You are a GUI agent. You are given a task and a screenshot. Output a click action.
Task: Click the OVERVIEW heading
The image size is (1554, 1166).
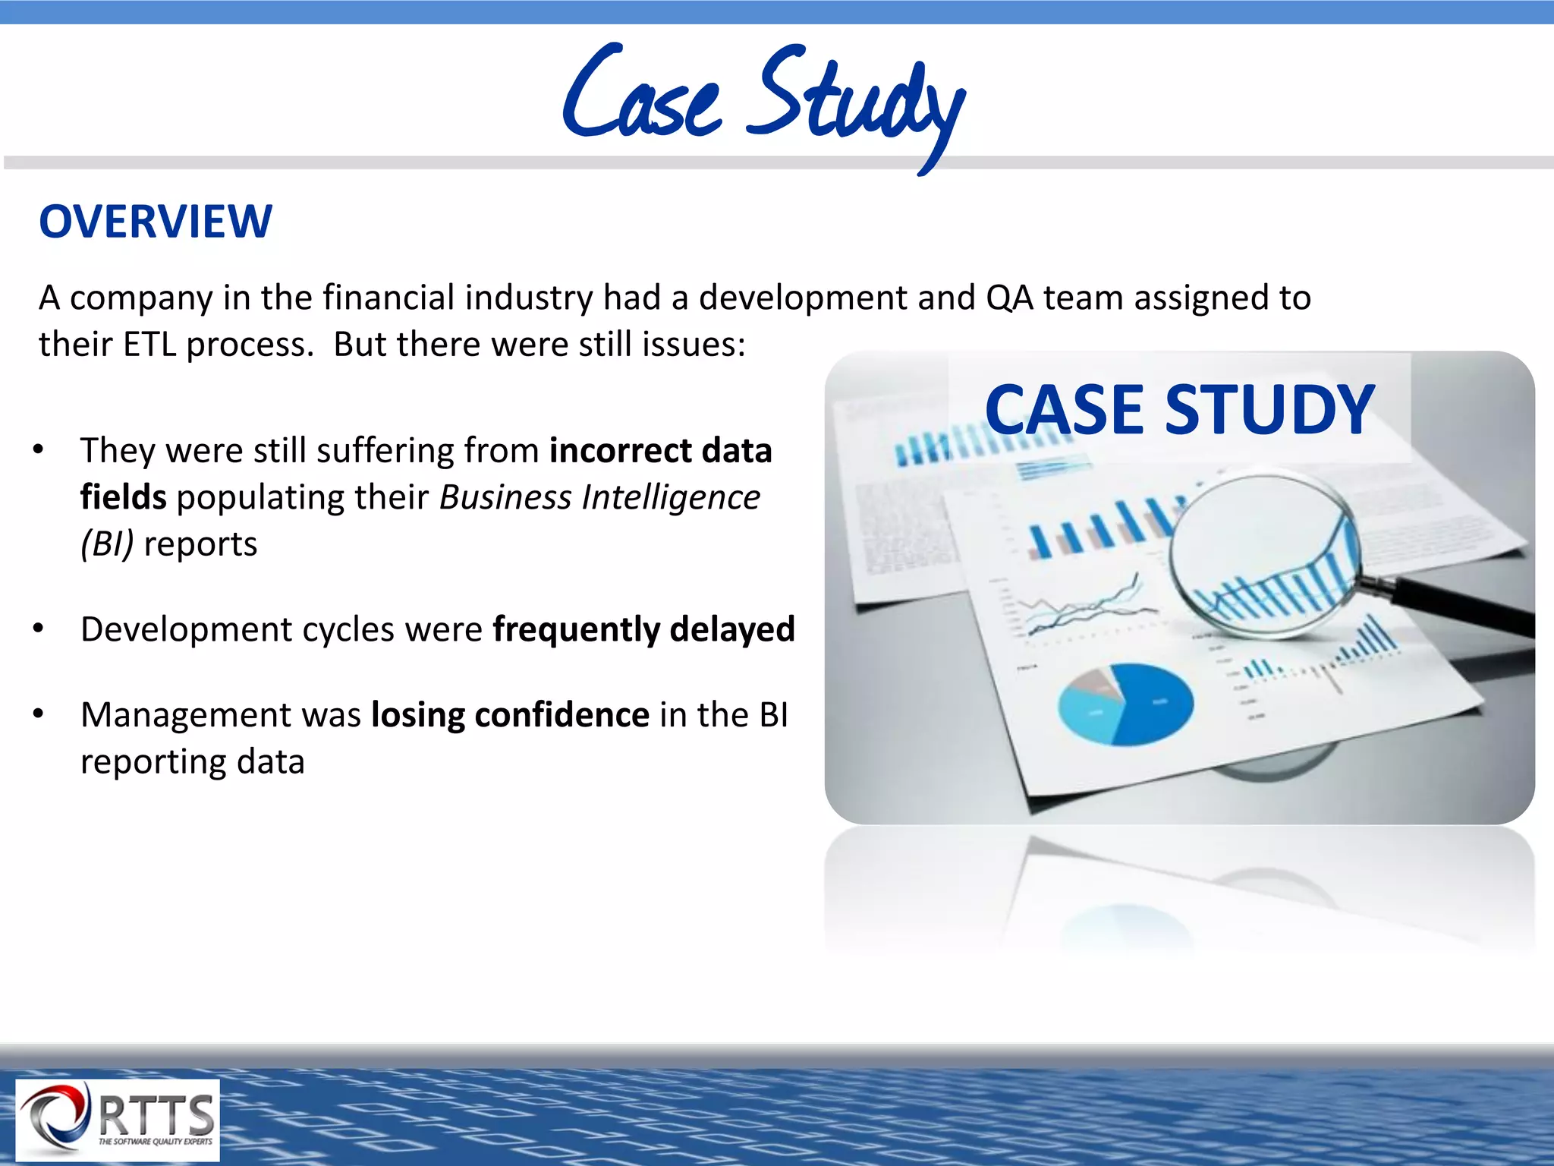(156, 222)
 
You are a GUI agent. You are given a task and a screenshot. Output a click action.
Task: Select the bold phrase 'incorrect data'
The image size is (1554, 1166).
(660, 451)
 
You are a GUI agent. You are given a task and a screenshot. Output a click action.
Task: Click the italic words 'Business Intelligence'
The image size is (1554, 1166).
(599, 498)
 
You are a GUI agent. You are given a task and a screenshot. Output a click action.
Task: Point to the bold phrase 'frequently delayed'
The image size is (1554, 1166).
(643, 629)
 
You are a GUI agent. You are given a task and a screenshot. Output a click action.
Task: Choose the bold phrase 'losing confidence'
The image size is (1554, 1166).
(510, 715)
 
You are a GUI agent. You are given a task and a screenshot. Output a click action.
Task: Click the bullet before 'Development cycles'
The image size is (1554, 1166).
(39, 629)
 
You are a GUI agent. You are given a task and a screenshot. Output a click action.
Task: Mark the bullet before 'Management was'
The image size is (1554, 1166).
(39, 714)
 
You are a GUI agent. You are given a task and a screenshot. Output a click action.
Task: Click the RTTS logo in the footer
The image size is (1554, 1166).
(118, 1120)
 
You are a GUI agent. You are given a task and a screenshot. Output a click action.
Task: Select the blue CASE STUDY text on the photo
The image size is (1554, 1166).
(1179, 410)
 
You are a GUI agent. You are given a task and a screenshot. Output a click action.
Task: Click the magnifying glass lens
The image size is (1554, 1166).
(1263, 554)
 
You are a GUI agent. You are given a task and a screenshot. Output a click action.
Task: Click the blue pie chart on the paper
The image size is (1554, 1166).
(1126, 704)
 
